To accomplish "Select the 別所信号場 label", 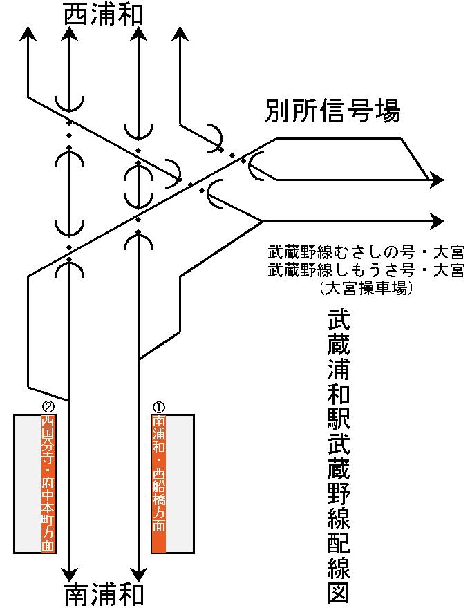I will (x=332, y=111).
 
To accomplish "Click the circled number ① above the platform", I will (x=158, y=408).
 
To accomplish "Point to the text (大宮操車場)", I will (x=366, y=287).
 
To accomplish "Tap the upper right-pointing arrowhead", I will (x=437, y=180).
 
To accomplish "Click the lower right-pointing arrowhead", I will (x=437, y=221).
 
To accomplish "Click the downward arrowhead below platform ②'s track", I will (x=69, y=574).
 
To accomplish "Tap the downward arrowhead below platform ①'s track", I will (x=138, y=574).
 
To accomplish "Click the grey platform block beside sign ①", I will (x=180, y=484).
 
